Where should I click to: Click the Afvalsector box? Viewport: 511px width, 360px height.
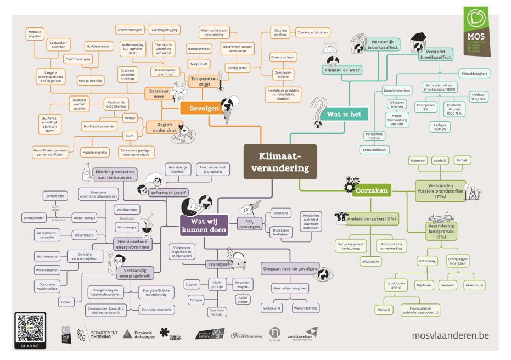(371, 261)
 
